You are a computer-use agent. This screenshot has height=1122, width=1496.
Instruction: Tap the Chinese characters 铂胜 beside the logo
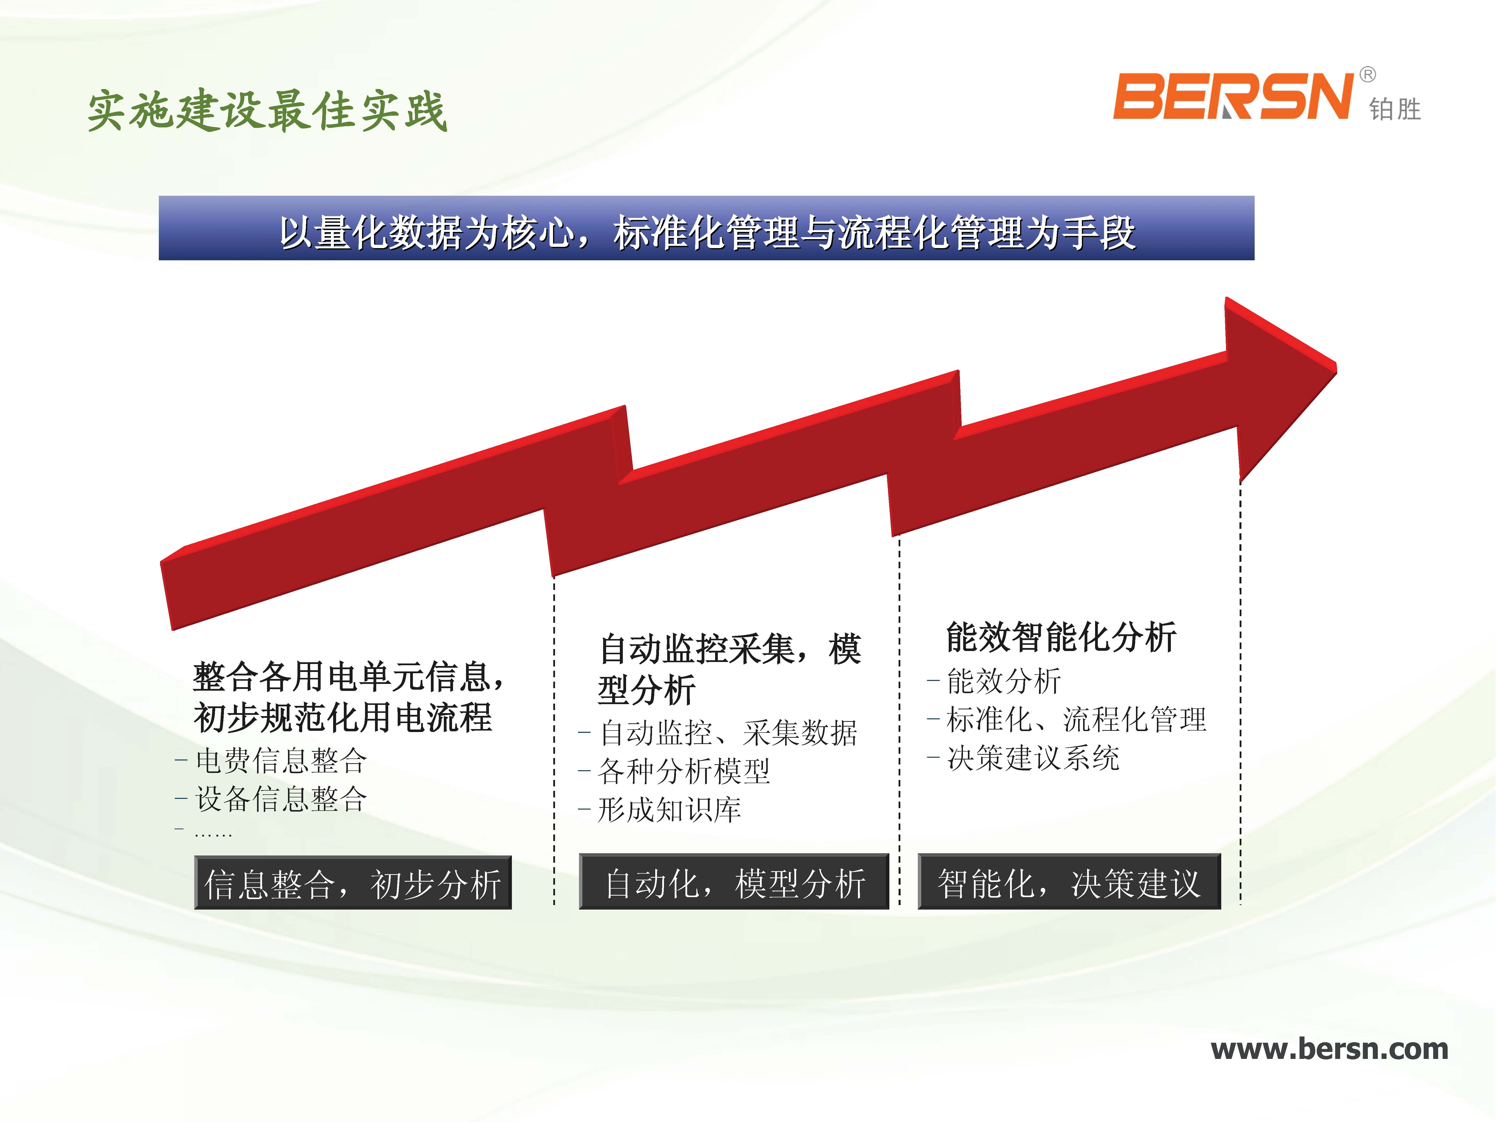pyautogui.click(x=1395, y=109)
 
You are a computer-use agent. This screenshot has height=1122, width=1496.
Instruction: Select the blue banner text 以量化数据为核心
pyautogui.click(x=427, y=233)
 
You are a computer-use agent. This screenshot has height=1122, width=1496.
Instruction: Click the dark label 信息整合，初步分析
pyautogui.click(x=353, y=883)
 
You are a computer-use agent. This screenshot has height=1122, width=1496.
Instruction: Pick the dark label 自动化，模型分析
pyautogui.click(x=734, y=882)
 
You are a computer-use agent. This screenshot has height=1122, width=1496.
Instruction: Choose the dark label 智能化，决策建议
pyautogui.click(x=1069, y=882)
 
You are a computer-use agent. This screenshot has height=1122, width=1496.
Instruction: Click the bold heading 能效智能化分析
pyautogui.click(x=1061, y=637)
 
